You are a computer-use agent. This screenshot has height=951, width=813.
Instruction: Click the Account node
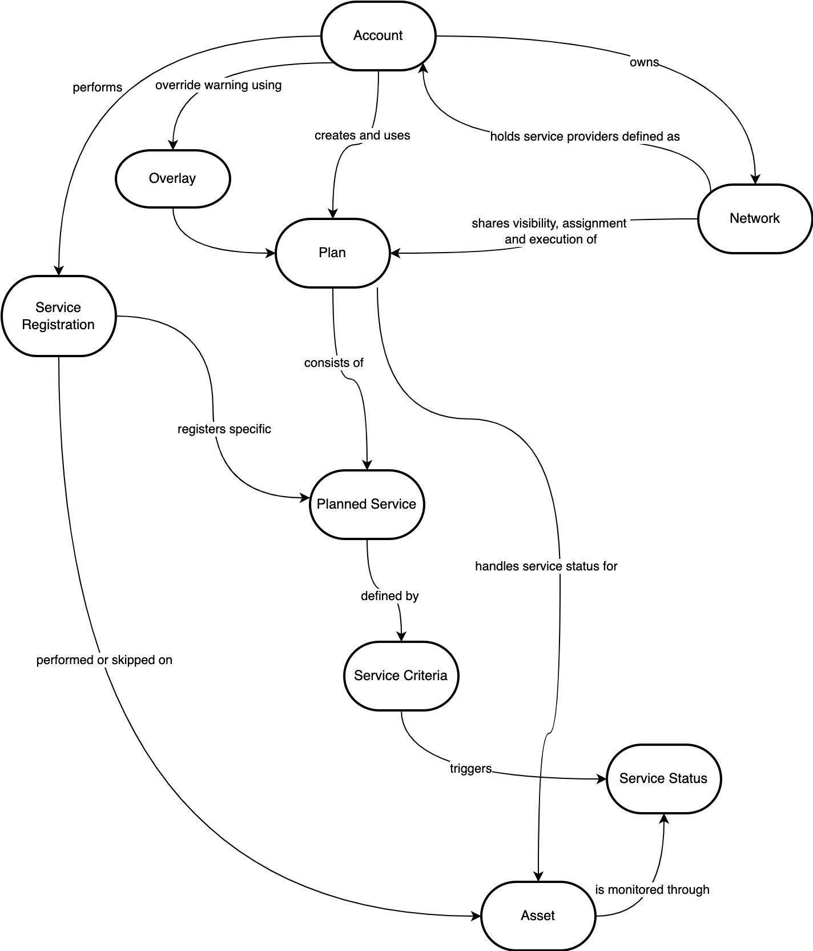click(378, 36)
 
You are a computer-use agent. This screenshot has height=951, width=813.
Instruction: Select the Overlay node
click(172, 179)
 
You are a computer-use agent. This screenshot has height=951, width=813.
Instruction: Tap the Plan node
click(332, 253)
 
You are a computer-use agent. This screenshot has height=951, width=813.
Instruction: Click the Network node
click(754, 218)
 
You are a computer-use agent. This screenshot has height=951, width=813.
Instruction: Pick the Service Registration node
click(58, 316)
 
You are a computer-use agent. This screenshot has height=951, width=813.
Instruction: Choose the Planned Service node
click(367, 504)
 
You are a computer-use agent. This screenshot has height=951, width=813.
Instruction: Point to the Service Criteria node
click(401, 676)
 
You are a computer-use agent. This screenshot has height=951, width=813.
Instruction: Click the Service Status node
click(663, 778)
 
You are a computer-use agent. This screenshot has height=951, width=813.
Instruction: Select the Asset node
click(538, 916)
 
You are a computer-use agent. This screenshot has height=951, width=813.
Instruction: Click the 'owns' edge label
click(644, 62)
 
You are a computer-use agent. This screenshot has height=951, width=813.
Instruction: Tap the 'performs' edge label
click(98, 87)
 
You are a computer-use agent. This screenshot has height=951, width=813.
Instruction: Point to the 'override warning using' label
click(219, 85)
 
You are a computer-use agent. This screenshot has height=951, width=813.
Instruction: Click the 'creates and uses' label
click(363, 135)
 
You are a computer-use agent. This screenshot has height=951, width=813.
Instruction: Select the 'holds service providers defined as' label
click(585, 137)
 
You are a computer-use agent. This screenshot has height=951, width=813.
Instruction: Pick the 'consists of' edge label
click(334, 363)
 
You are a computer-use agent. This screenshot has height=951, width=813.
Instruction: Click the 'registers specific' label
click(224, 429)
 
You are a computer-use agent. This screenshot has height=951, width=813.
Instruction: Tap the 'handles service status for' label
click(546, 566)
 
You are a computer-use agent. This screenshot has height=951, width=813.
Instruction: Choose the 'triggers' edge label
click(471, 769)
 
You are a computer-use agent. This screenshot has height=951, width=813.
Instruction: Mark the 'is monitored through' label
click(653, 890)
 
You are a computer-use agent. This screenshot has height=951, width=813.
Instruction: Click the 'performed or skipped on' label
click(104, 660)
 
